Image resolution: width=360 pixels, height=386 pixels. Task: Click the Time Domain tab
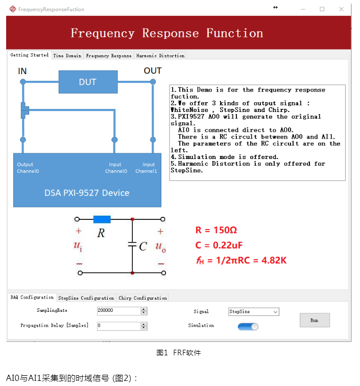(x=67, y=56)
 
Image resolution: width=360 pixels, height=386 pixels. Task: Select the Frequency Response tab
(x=108, y=56)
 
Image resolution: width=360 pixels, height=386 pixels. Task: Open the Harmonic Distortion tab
(x=160, y=56)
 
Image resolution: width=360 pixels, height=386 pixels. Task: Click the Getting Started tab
(x=30, y=55)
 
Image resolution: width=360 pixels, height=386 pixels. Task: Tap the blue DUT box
(x=88, y=82)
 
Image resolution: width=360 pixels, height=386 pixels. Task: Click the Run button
(x=314, y=320)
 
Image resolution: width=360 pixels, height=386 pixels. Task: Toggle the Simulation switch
(x=248, y=326)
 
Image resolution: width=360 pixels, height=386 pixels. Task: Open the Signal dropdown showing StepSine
(x=253, y=311)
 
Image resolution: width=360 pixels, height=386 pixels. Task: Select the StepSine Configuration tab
(x=86, y=298)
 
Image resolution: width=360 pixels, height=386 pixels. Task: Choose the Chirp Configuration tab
(x=142, y=298)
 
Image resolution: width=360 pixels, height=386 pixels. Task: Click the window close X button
(x=341, y=9)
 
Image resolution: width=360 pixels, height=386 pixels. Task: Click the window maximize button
(x=322, y=9)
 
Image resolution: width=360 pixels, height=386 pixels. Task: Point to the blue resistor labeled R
(x=102, y=219)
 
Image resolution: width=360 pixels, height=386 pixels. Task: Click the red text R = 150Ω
(x=216, y=230)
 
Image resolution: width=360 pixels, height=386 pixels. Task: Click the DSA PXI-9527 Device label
(x=87, y=193)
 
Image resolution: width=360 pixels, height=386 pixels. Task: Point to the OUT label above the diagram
(x=152, y=71)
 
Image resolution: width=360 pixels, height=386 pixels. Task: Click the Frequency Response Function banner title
(x=167, y=34)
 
